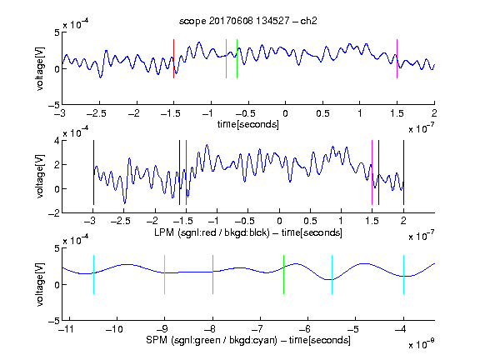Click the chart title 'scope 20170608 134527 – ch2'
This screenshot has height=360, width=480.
click(248, 21)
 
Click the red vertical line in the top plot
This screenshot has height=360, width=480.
click(173, 59)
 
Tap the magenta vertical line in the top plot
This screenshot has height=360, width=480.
click(397, 59)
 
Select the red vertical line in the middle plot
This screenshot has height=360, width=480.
click(186, 172)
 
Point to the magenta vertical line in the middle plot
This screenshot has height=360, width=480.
click(372, 172)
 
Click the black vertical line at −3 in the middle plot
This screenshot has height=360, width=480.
click(93, 172)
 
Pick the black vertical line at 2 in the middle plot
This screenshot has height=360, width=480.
click(403, 172)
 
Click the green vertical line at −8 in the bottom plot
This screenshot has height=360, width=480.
click(212, 275)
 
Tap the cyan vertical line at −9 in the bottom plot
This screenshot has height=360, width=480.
click(165, 275)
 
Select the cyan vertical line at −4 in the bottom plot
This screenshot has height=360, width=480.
click(403, 275)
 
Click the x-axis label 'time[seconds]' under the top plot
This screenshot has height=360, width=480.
click(248, 124)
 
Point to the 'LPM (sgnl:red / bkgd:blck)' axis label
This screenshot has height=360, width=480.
click(212, 232)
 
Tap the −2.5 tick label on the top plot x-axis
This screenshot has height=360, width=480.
click(97, 113)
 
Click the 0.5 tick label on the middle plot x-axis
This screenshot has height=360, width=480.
click(310, 221)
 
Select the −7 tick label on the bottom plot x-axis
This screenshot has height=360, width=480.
click(259, 329)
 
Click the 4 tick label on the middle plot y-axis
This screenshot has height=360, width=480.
click(57, 141)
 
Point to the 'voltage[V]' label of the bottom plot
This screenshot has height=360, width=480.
click(40, 285)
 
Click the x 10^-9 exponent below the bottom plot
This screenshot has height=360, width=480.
click(422, 344)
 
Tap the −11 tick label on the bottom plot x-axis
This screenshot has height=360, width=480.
click(67, 329)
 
